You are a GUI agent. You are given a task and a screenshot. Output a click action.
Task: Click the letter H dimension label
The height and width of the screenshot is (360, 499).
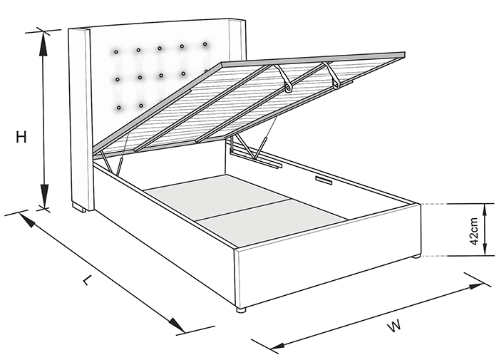21,137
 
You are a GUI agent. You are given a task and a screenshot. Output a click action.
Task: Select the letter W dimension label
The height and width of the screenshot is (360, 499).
394,326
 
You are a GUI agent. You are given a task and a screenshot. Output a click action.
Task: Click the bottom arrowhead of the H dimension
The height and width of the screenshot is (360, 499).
44,195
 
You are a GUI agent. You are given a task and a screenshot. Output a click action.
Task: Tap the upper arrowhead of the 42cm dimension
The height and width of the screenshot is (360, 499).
485,211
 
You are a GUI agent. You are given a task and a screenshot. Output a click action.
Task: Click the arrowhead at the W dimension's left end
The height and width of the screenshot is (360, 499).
277,345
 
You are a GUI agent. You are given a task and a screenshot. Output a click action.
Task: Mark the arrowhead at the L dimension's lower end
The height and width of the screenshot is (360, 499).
176,324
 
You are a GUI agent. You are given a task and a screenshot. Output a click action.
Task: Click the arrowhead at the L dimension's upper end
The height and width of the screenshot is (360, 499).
27,220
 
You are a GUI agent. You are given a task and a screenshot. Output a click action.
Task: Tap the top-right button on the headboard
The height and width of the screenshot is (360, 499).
205,44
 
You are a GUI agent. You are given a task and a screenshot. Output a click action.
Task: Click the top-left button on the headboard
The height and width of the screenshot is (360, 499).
116,51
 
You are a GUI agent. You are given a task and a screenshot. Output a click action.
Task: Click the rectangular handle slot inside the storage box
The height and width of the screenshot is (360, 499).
324,180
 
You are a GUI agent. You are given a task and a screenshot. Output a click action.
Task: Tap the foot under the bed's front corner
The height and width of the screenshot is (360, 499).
241,309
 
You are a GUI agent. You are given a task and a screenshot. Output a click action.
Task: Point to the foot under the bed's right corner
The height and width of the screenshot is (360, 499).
416,257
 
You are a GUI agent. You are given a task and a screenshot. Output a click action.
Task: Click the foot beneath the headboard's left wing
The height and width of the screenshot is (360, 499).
79,208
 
